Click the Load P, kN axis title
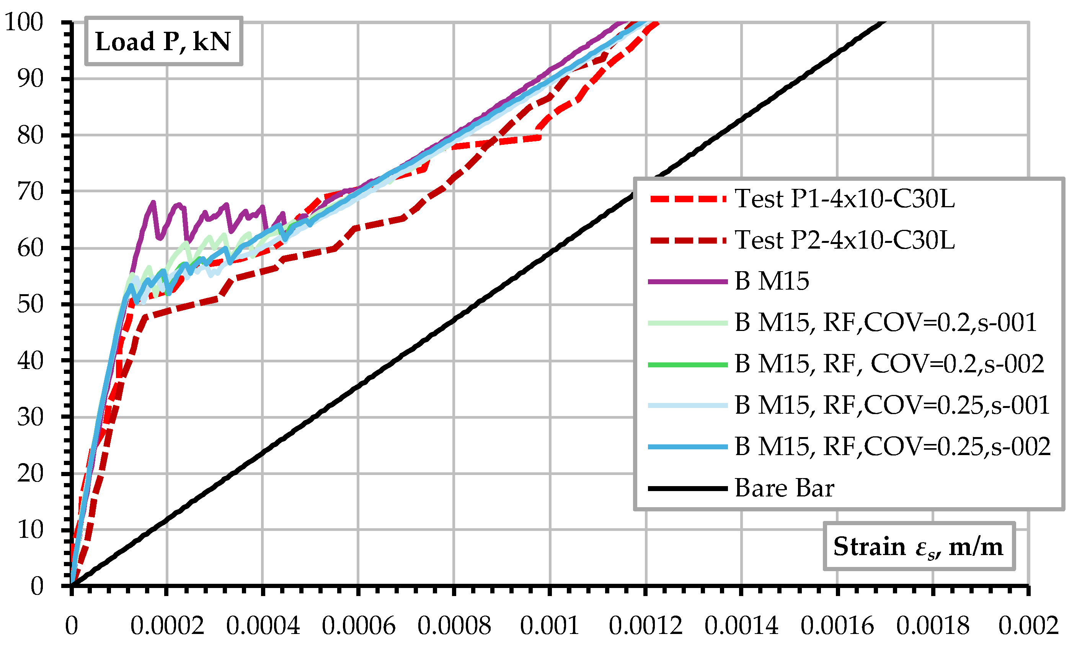tap(163, 41)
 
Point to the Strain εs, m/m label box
tap(919, 546)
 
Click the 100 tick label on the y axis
tap(24, 22)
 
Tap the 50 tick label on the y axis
tap(31, 304)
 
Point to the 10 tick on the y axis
tap(31, 530)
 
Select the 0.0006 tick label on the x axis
tap(358, 626)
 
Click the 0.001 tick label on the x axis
tap(550, 626)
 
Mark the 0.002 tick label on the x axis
tap(1028, 626)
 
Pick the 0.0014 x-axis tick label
tap(741, 626)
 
